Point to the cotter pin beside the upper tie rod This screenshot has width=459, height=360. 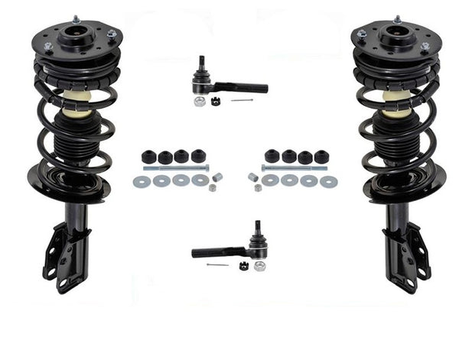pos(242,100)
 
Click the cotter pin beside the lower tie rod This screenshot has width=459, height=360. pos(217,265)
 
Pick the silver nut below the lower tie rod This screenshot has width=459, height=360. pos(260,265)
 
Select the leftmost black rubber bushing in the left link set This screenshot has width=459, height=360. pos(148,157)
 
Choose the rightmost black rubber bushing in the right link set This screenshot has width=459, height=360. pos(322,157)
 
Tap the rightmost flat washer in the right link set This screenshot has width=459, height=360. pos(329,181)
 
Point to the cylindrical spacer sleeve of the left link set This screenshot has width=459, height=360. pos(217,177)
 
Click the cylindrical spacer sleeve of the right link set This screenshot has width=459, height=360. pos(252,177)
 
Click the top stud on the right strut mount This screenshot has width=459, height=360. pos(397,18)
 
